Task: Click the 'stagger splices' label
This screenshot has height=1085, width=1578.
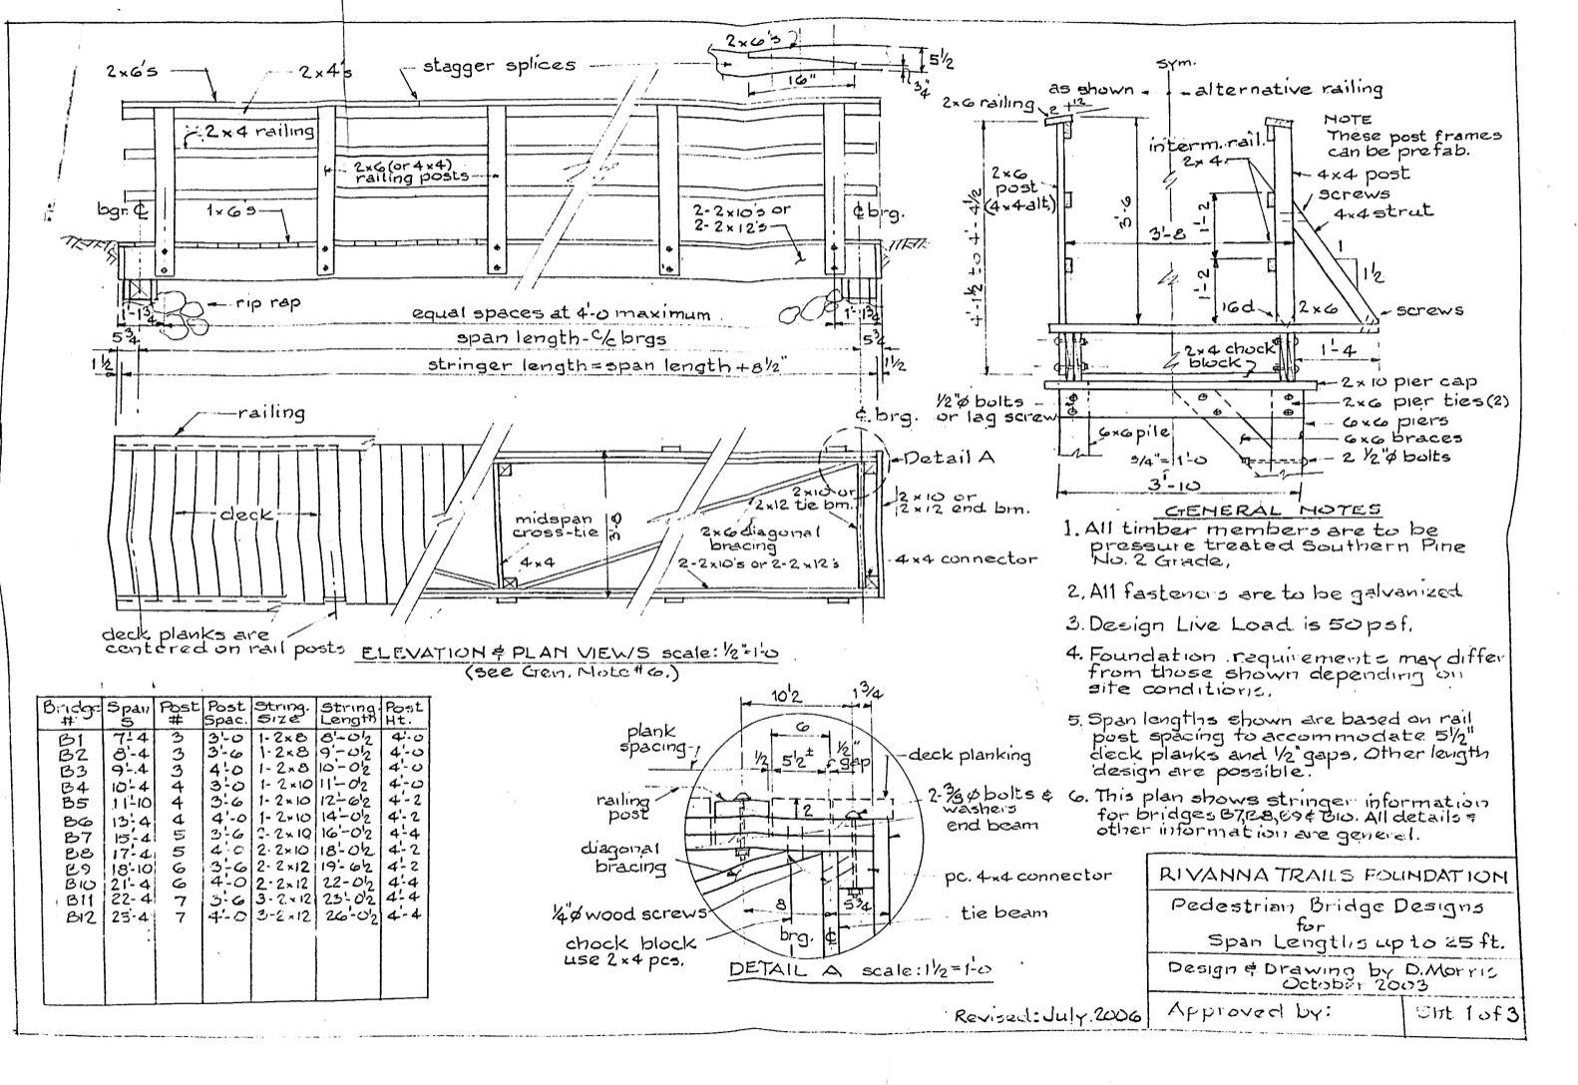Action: coord(499,66)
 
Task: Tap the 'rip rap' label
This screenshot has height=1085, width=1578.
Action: coord(268,302)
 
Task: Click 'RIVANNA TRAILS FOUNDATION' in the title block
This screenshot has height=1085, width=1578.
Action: coord(1333,877)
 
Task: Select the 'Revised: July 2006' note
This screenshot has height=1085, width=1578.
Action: coord(1046,1015)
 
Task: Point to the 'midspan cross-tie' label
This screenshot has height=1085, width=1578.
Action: coord(555,526)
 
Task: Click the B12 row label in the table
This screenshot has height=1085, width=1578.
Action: coord(77,915)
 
